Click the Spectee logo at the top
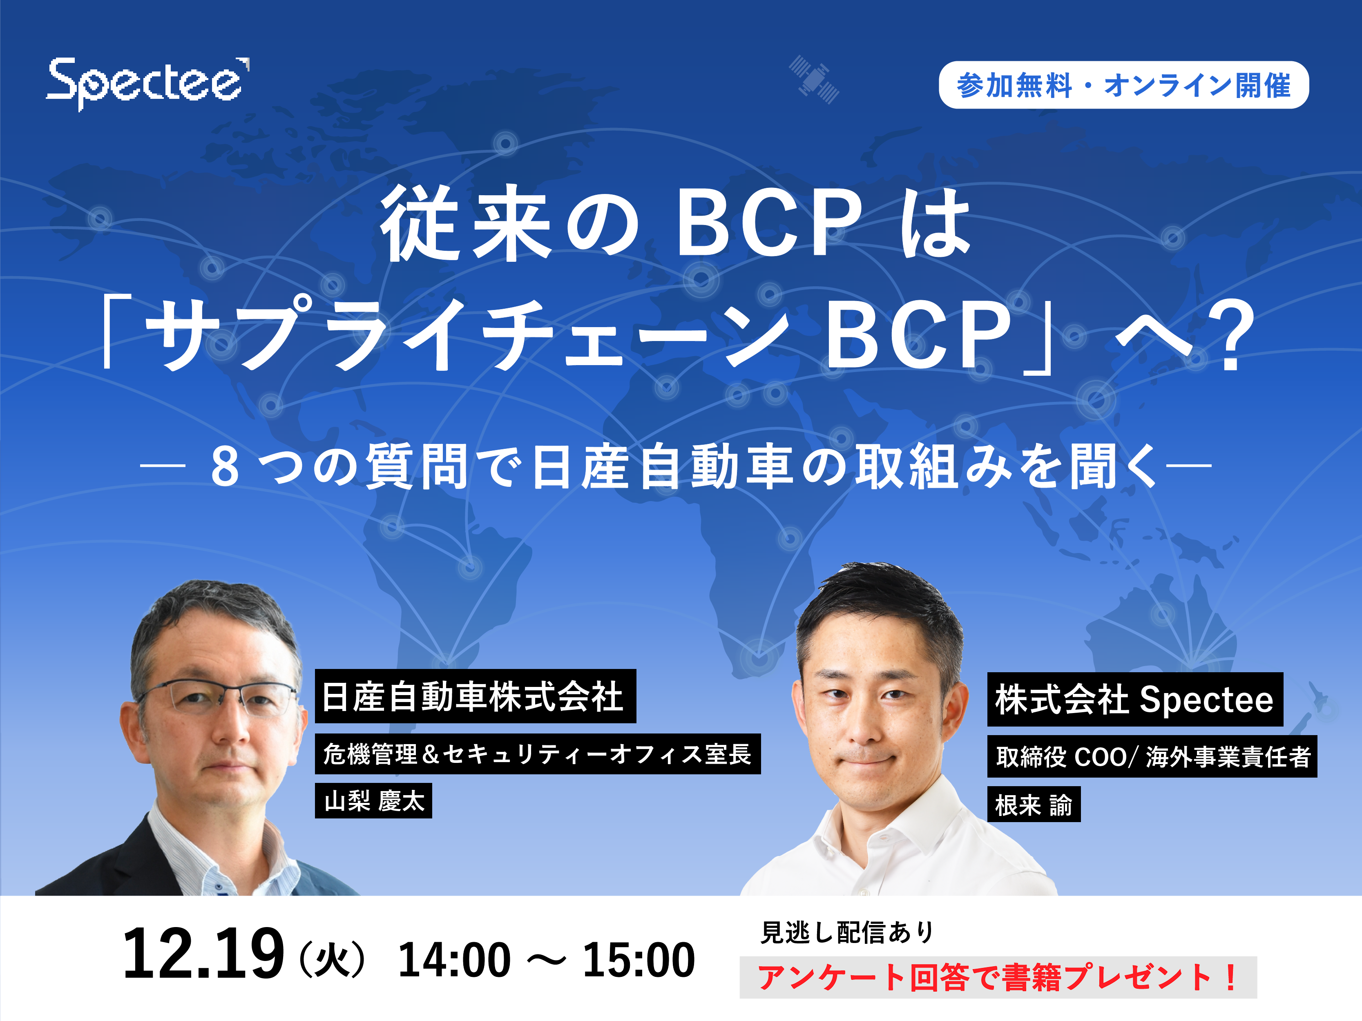(148, 84)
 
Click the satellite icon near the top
(814, 79)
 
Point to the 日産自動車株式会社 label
(476, 696)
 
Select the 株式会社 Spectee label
(1135, 700)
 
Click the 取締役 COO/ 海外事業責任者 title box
(1152, 756)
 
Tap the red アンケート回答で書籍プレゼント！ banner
(998, 977)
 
